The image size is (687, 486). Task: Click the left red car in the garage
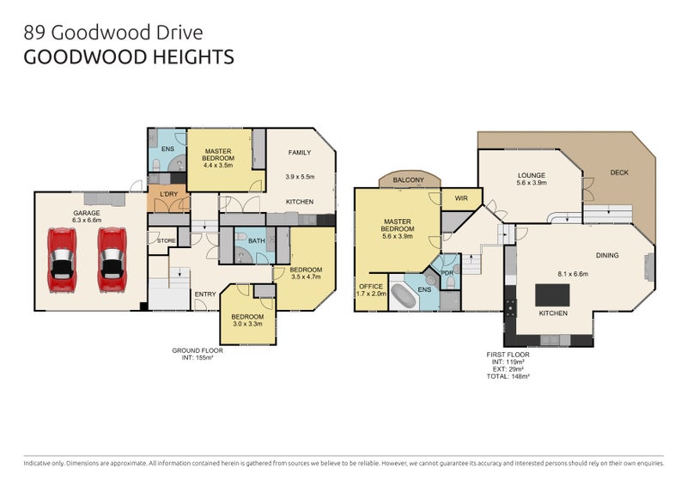click(63, 259)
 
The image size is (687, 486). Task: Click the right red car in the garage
click(112, 259)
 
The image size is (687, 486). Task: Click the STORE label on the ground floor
click(166, 241)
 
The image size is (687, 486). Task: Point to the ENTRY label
click(204, 295)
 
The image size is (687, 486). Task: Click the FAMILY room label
click(300, 153)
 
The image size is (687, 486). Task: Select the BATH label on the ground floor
click(256, 241)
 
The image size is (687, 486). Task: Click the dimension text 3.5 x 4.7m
click(305, 277)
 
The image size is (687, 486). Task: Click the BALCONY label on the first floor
click(409, 179)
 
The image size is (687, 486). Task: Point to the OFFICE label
click(371, 286)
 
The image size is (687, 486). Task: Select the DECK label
click(619, 173)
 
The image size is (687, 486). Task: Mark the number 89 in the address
click(34, 33)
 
